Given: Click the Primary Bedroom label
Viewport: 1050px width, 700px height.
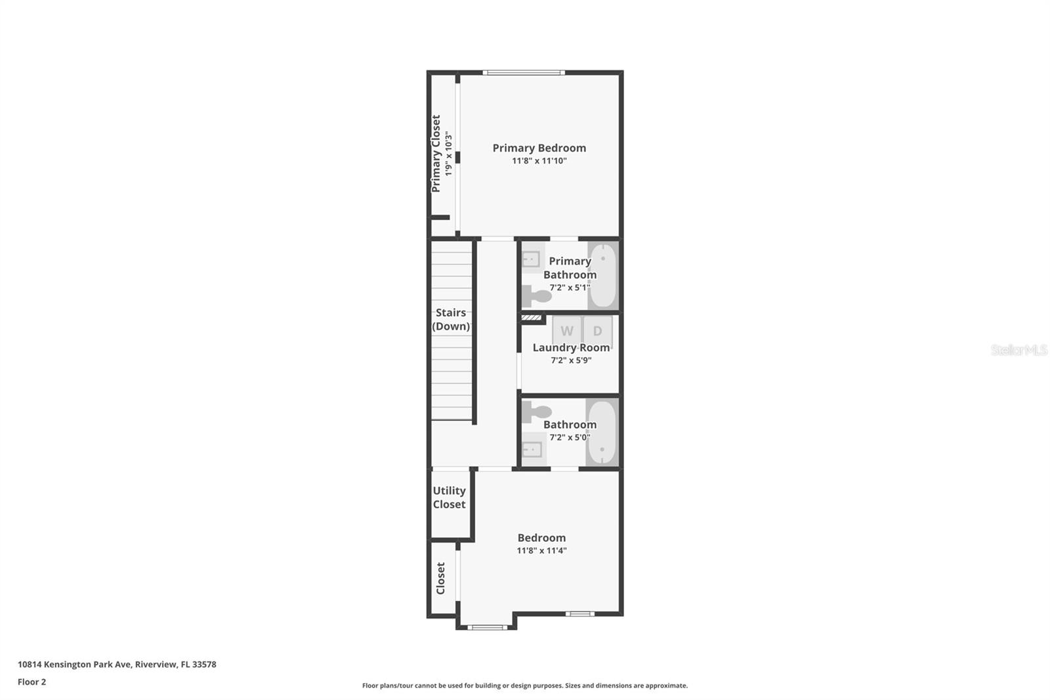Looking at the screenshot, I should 539,148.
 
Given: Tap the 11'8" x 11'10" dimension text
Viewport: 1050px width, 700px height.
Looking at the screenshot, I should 539,161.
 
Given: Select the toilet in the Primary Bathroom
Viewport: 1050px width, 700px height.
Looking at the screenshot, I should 537,296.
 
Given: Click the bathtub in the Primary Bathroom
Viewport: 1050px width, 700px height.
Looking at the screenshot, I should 602,275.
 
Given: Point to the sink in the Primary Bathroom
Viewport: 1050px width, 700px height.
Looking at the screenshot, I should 531,259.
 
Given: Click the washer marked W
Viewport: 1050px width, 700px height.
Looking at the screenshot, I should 566,331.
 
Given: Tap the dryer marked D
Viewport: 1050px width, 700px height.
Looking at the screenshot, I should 597,331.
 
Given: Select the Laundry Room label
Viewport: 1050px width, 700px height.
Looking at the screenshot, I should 571,347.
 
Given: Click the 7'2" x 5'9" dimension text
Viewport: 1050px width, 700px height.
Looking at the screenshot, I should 571,361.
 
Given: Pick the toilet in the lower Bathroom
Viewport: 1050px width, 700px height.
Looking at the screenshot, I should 537,412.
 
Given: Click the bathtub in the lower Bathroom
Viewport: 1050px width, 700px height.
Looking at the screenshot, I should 601,433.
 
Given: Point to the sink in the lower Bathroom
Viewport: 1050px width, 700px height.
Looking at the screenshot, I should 532,450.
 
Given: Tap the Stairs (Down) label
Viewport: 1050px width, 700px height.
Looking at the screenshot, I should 451,319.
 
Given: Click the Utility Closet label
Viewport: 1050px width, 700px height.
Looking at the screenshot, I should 449,497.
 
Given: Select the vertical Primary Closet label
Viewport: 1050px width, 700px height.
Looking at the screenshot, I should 436,154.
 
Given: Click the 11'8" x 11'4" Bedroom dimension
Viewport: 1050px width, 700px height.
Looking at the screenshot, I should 541,551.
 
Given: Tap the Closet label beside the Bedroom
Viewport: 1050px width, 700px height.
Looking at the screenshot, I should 441,578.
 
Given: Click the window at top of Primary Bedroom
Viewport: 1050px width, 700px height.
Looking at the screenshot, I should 523,72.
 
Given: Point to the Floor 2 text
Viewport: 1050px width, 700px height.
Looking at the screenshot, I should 31,682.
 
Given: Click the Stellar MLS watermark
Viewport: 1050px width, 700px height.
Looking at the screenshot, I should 1018,350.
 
